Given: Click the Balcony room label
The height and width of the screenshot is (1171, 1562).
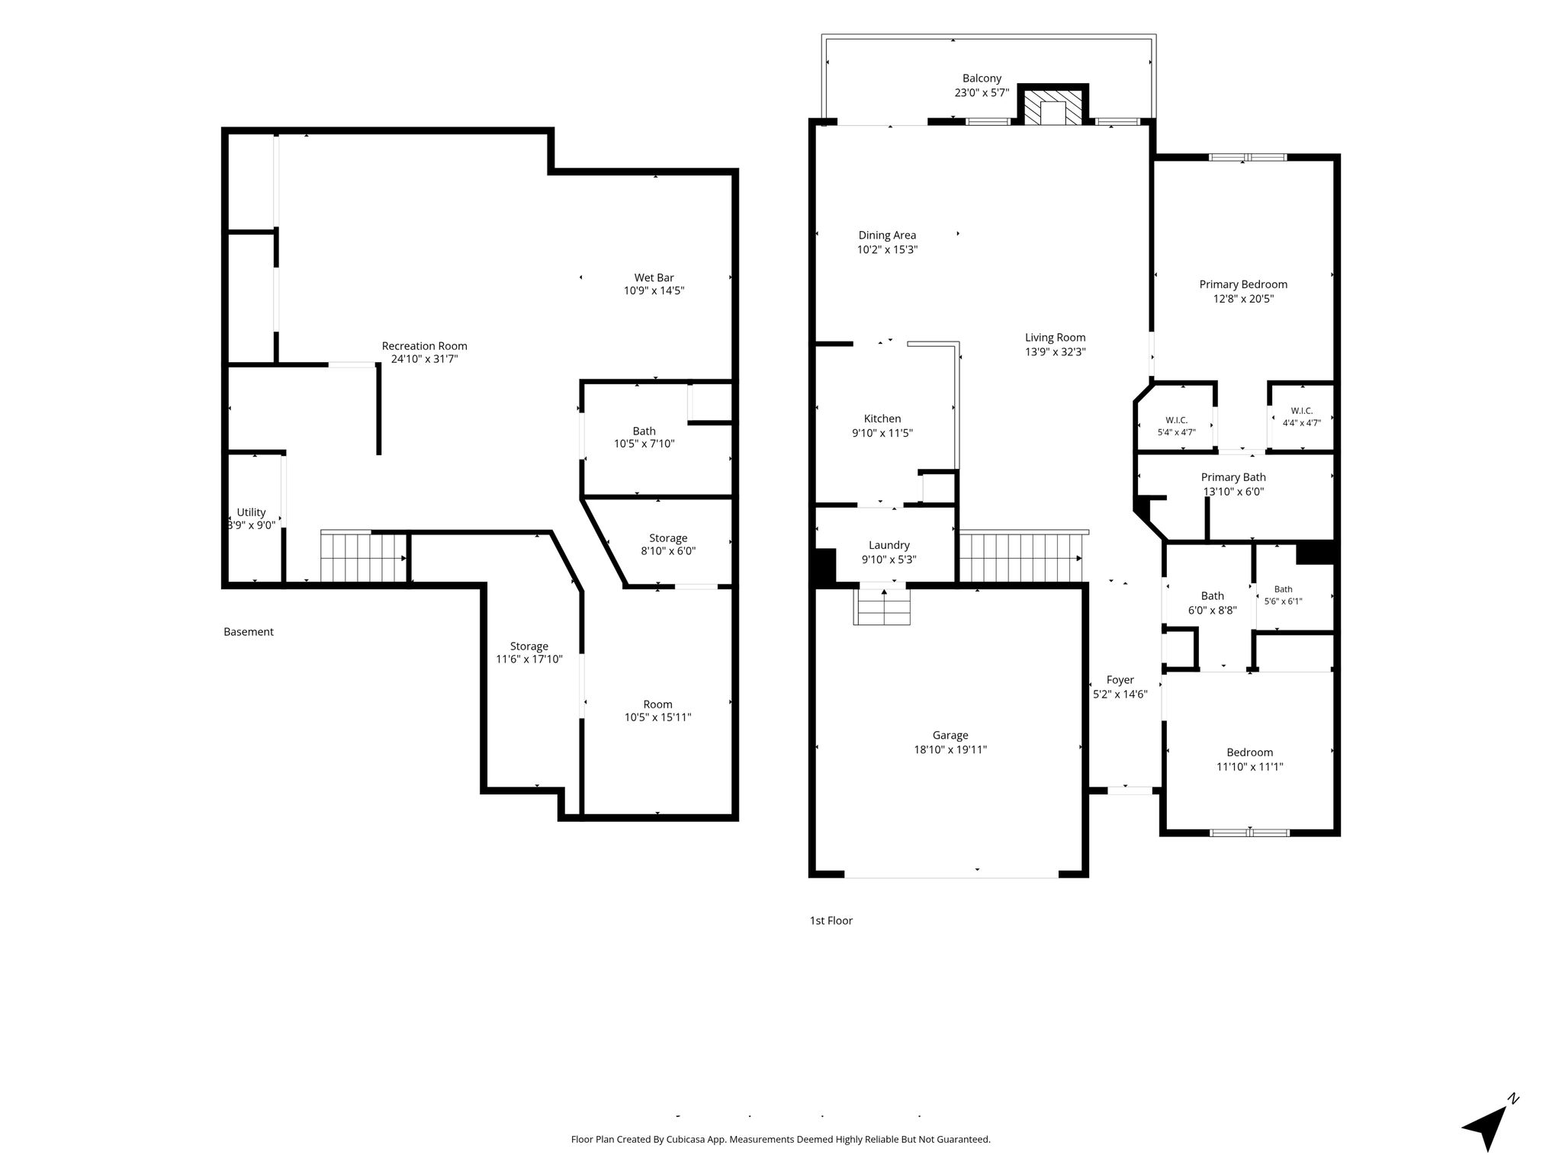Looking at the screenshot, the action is (982, 79).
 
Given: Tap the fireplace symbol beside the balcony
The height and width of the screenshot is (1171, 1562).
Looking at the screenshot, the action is (1053, 106).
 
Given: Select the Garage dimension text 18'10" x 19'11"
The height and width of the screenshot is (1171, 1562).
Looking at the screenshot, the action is (950, 749).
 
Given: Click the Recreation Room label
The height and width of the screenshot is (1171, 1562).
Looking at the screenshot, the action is (425, 346).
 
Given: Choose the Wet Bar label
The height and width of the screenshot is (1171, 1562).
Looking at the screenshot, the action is (654, 278).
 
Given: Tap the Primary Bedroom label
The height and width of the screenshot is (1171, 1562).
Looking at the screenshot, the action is (1243, 284).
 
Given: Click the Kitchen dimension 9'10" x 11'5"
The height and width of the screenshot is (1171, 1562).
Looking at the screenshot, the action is (882, 433).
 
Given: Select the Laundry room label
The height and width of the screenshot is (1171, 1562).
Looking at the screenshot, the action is (889, 545).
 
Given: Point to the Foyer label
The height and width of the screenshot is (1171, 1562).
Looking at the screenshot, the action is (1120, 680).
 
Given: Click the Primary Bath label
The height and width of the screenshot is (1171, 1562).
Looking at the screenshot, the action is (1233, 477).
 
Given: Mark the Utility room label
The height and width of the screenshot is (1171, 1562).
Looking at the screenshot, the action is (251, 512).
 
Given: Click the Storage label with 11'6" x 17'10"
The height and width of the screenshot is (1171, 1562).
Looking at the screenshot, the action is (529, 646).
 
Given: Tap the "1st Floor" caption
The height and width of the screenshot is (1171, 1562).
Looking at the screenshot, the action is (831, 920).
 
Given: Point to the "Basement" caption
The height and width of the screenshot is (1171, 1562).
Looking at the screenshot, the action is (249, 631).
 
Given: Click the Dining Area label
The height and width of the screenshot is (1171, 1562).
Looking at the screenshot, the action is (887, 235).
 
